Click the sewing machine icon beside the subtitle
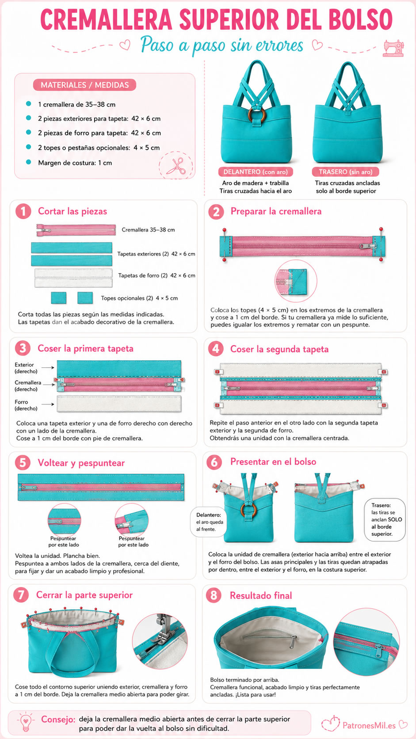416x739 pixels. [x=393, y=48]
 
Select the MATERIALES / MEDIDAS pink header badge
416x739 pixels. [x=84, y=85]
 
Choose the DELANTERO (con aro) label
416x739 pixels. [x=256, y=172]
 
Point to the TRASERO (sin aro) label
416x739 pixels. [x=345, y=172]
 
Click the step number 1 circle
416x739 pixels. [x=23, y=211]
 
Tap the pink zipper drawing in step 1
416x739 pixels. [x=76, y=230]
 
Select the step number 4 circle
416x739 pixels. [x=216, y=349]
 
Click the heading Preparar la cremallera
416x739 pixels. [x=276, y=211]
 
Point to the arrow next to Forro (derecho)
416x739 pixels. [x=48, y=404]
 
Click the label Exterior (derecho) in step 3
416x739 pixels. [x=26, y=368]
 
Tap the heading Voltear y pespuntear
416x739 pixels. [x=81, y=463]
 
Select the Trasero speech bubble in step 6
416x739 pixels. [x=385, y=520]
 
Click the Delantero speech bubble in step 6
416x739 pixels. [x=209, y=522]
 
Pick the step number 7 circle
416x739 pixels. [x=21, y=595]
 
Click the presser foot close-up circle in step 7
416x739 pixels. [x=160, y=641]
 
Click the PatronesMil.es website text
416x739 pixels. [x=369, y=725]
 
